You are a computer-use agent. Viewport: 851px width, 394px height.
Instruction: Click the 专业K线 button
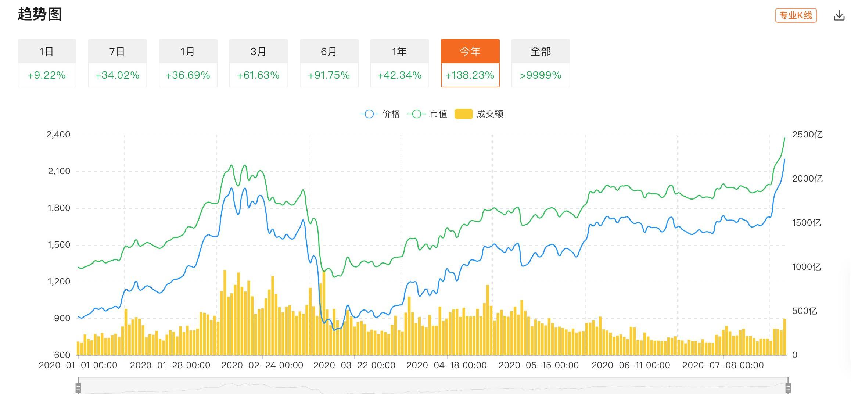[796, 15]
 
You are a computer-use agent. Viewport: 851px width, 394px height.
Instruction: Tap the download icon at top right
[839, 16]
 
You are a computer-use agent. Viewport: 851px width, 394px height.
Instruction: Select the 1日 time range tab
[47, 51]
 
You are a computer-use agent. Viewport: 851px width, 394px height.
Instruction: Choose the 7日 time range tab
[117, 51]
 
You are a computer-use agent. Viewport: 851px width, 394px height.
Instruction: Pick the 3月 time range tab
[258, 51]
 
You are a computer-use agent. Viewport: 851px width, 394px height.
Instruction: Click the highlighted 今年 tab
[470, 51]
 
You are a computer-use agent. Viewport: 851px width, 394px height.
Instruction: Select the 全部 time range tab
[541, 51]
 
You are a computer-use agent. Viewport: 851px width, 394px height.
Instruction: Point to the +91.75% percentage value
[329, 75]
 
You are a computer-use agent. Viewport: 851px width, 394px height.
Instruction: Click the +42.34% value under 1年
[399, 75]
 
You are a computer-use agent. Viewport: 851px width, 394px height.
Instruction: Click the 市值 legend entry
[428, 114]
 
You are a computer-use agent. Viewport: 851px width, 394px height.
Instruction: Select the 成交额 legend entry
[480, 114]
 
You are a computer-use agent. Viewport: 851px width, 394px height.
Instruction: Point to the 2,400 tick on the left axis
[58, 135]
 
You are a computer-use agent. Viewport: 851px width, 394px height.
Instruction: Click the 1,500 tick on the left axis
[59, 245]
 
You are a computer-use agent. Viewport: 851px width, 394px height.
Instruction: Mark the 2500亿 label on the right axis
[807, 135]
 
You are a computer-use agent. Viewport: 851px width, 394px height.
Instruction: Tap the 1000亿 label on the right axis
[806, 267]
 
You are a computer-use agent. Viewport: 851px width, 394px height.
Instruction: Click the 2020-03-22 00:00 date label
[354, 365]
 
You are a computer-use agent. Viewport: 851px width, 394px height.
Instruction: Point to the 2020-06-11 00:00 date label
[631, 365]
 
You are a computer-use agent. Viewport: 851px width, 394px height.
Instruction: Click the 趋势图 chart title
[40, 14]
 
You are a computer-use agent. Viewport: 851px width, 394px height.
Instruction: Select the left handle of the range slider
[78, 388]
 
